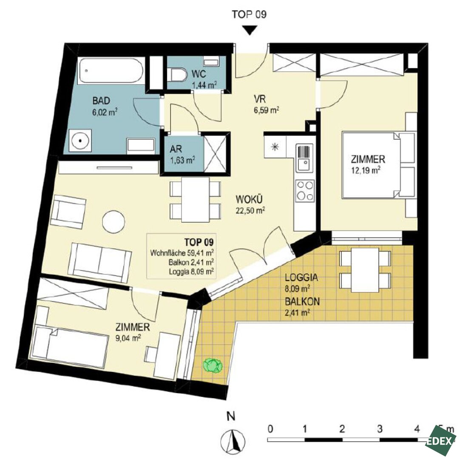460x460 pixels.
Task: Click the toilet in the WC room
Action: click(x=177, y=75)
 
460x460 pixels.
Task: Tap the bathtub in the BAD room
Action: click(x=112, y=70)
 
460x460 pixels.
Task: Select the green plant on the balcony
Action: click(x=213, y=365)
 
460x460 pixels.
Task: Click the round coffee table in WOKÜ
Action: click(x=114, y=222)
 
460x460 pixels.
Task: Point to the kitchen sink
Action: click(x=304, y=158)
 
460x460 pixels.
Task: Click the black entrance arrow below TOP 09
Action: click(x=250, y=30)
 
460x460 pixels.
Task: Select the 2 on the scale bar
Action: click(x=342, y=429)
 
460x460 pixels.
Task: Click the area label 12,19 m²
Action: click(x=366, y=170)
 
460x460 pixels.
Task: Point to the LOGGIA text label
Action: click(x=301, y=277)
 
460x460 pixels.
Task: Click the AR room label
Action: click(x=176, y=149)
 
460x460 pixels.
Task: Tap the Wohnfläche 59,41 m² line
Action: click(x=182, y=253)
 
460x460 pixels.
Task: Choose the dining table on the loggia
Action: click(x=365, y=270)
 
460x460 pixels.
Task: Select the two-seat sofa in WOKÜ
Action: click(x=99, y=262)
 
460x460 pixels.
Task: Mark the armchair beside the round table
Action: click(x=68, y=212)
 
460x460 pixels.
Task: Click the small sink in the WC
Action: click(x=211, y=62)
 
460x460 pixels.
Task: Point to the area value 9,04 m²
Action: click(x=128, y=338)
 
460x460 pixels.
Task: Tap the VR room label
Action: click(x=260, y=99)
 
